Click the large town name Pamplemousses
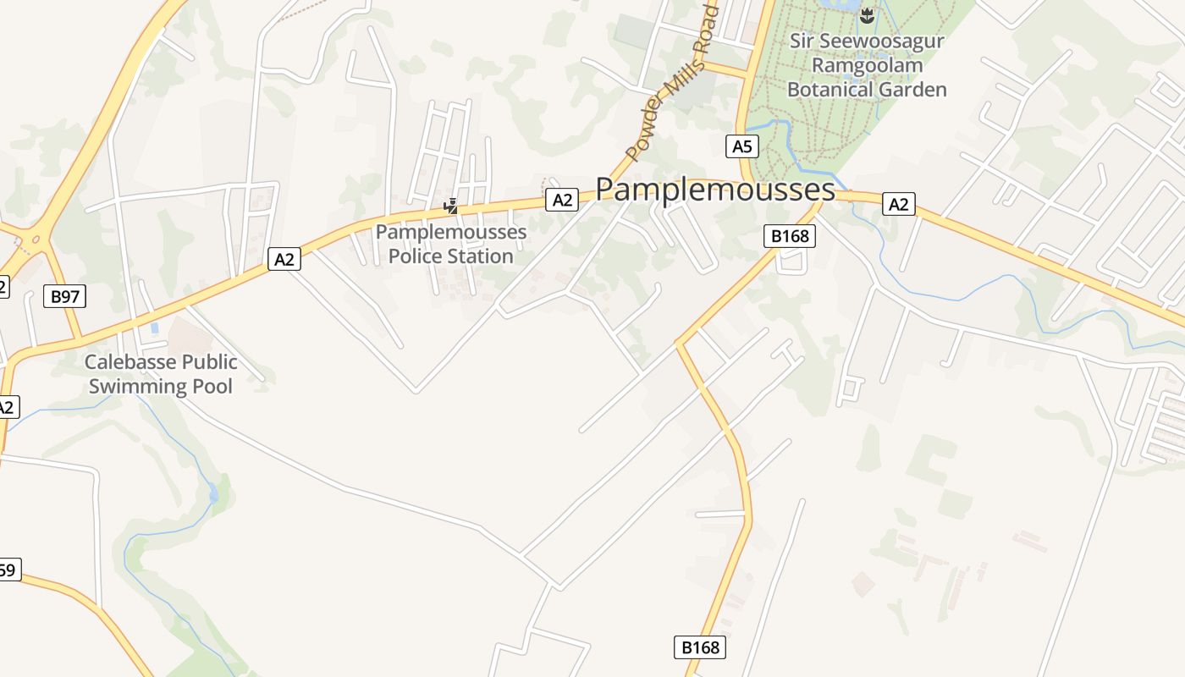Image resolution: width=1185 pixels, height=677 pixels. pyautogui.click(x=715, y=189)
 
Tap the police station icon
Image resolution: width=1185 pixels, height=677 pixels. pyautogui.click(x=452, y=205)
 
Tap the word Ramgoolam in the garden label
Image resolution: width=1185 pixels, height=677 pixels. pyautogui.click(x=866, y=64)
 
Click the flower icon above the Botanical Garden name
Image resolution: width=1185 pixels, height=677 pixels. pyautogui.click(x=866, y=15)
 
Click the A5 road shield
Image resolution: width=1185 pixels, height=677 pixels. pyautogui.click(x=741, y=146)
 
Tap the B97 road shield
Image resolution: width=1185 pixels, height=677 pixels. pyautogui.click(x=65, y=296)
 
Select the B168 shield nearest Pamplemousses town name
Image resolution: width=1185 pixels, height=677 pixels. pyautogui.click(x=790, y=236)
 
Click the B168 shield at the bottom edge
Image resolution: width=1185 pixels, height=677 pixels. pyautogui.click(x=701, y=647)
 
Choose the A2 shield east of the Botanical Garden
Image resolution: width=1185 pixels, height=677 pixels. pyautogui.click(x=898, y=204)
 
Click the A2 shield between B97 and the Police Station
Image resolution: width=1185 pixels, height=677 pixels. pyautogui.click(x=284, y=259)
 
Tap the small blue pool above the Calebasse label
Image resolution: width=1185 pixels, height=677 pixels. pyautogui.click(x=154, y=327)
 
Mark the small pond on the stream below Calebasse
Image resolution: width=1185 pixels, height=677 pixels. pyautogui.click(x=213, y=493)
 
